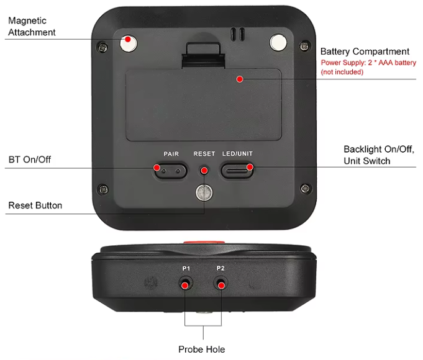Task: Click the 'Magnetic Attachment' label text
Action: coord(32,26)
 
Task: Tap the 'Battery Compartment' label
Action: coord(365,52)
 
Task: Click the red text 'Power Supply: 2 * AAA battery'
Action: coord(368,63)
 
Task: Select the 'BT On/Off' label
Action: coord(30,160)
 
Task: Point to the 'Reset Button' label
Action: coord(35,205)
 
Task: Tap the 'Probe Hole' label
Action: coord(202,349)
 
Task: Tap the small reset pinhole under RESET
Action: coord(204,169)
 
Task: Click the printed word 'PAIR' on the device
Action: coord(171,153)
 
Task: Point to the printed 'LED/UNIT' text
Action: coord(237,153)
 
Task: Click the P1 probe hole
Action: coord(185,284)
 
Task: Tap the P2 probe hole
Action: coord(221,284)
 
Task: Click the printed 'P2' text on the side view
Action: coord(221,268)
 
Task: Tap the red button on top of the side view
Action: coord(204,242)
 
